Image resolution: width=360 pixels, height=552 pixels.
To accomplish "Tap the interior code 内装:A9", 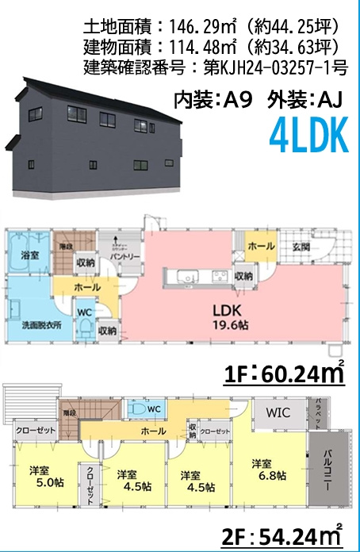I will click(213, 100).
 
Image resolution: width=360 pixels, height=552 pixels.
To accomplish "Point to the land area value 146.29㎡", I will click(190, 28).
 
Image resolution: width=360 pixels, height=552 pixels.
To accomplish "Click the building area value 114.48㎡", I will click(190, 46).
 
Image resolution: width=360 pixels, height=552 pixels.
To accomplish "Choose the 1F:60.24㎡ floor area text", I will click(285, 372).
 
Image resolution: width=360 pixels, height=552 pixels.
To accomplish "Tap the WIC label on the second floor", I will click(278, 412).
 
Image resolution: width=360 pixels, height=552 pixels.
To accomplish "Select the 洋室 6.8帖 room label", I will click(263, 470).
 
